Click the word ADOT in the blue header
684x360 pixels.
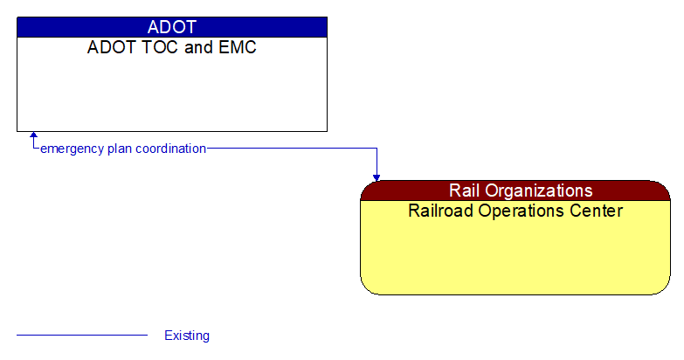[171, 27]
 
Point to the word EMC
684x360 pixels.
[237, 47]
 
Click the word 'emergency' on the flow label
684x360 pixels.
[73, 149]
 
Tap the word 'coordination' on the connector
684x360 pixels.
[171, 149]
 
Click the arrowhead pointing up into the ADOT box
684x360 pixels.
[34, 136]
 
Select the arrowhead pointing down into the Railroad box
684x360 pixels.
[377, 177]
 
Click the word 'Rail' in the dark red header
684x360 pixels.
[466, 190]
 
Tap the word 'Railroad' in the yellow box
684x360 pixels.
[441, 211]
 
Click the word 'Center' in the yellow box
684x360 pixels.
[598, 211]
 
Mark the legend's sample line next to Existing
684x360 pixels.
[82, 335]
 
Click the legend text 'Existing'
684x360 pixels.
[187, 336]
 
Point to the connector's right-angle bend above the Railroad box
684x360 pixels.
[377, 149]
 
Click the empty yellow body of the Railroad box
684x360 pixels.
[515, 258]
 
